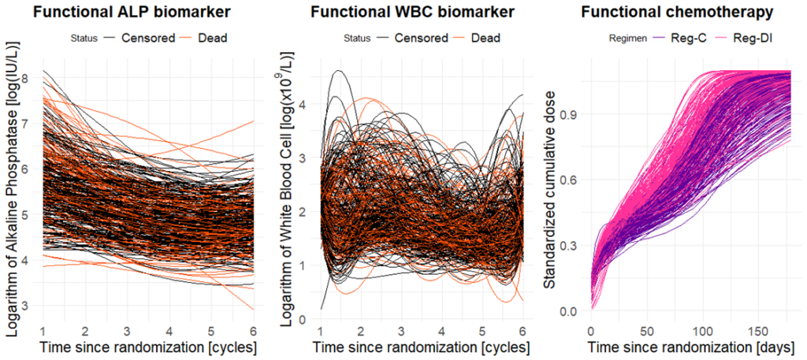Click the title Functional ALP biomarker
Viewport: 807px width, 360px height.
139,13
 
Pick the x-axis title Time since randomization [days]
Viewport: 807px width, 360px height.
696,347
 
